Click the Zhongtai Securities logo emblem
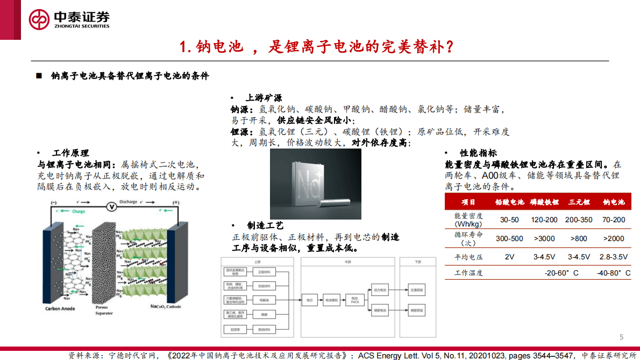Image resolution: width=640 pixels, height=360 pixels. [x=39, y=20]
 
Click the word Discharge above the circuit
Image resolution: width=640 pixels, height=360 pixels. [x=129, y=202]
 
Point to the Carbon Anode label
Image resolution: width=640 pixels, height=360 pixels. [x=60, y=309]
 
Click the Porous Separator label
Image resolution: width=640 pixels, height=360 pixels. [x=104, y=310]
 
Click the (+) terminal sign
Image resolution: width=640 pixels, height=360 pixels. [x=175, y=202]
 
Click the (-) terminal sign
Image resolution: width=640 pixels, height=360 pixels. [x=53, y=202]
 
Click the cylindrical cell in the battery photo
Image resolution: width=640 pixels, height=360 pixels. [x=336, y=203]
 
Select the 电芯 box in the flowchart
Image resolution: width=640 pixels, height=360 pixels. [x=310, y=299]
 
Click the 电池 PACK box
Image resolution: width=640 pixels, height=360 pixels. [x=354, y=299]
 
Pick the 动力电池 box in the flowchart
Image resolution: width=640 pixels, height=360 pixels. [x=380, y=290]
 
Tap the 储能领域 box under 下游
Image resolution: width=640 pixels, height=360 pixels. [x=416, y=310]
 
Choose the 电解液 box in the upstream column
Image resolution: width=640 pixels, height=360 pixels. [x=264, y=299]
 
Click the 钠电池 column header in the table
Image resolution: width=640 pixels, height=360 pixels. [x=614, y=202]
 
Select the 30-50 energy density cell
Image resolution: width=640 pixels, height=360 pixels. [x=509, y=220]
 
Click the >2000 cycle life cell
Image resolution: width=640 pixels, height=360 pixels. [x=614, y=238]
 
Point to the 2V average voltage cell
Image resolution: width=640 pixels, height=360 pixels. [x=509, y=257]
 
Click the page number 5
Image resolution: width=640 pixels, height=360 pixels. [x=621, y=337]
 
